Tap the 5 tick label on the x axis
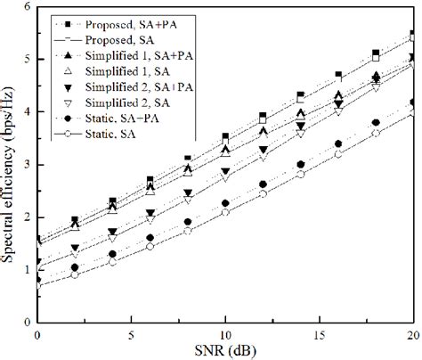coord(131,332)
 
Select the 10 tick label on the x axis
coord(225,332)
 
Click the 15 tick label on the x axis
coord(319,332)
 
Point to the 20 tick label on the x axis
coord(411,332)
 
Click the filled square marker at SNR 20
coord(412,34)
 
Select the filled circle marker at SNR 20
coord(412,102)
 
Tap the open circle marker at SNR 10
coord(225,212)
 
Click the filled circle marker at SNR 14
coord(300,165)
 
